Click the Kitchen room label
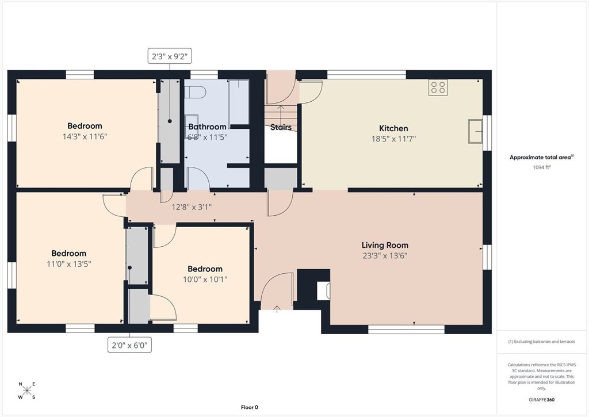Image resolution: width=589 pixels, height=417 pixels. click(x=393, y=128)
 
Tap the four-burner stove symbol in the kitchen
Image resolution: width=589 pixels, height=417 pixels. click(x=438, y=87)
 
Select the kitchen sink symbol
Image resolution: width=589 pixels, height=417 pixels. click(x=475, y=130)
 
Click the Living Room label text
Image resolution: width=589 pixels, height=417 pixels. click(x=385, y=245)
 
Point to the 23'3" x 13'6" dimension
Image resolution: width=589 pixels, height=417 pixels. click(x=385, y=256)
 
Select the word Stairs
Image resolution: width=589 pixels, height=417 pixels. click(x=281, y=127)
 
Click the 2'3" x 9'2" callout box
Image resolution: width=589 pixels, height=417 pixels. click(x=169, y=56)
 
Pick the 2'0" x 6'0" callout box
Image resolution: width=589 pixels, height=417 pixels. click(x=130, y=345)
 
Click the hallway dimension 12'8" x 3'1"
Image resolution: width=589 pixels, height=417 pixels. click(x=192, y=207)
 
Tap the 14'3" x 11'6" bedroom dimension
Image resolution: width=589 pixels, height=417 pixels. click(x=85, y=137)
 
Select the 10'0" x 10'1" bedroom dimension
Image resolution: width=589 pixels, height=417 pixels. click(x=205, y=280)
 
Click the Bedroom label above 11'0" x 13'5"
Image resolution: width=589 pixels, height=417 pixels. click(x=68, y=253)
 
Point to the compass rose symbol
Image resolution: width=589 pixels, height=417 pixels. click(x=27, y=391)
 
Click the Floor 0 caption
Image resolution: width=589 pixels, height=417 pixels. click(x=249, y=407)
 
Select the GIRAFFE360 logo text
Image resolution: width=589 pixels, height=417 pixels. click(x=542, y=400)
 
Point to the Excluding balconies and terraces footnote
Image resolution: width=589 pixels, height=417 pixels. click(x=542, y=342)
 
